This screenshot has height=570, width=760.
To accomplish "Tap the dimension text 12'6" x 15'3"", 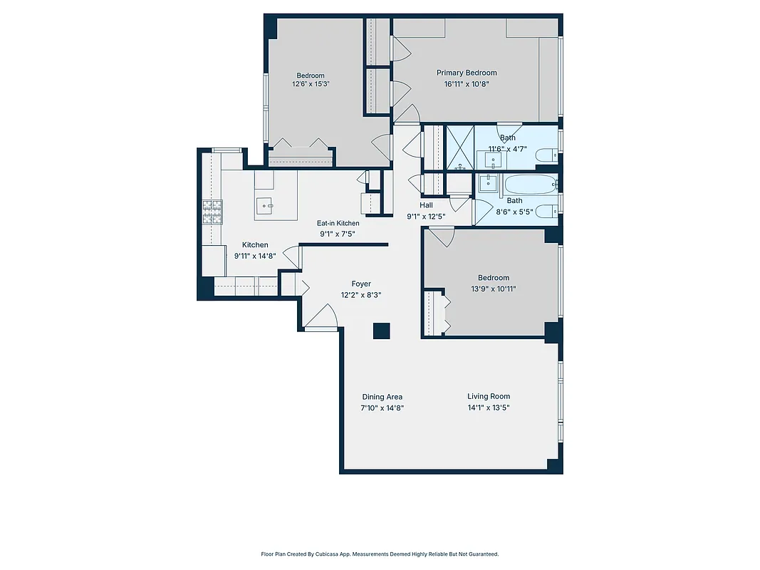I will (311, 84).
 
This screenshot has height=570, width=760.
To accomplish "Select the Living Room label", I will (489, 397).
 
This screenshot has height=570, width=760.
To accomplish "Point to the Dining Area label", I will (382, 397).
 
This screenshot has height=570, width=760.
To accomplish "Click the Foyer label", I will (361, 284).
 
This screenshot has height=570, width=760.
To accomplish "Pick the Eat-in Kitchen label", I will (338, 223).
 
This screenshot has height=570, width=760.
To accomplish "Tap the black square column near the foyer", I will (382, 331).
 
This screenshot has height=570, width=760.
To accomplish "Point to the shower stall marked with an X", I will (459, 147).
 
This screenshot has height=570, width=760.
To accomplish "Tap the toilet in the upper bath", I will (546, 155).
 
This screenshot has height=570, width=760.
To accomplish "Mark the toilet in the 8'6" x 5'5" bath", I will (546, 211).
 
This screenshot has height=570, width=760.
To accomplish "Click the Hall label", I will (425, 205).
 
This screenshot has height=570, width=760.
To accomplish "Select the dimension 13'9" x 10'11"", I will (494, 289).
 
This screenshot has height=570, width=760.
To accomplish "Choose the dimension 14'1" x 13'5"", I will (489, 408).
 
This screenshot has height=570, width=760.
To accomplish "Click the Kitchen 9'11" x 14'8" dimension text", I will (255, 256).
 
